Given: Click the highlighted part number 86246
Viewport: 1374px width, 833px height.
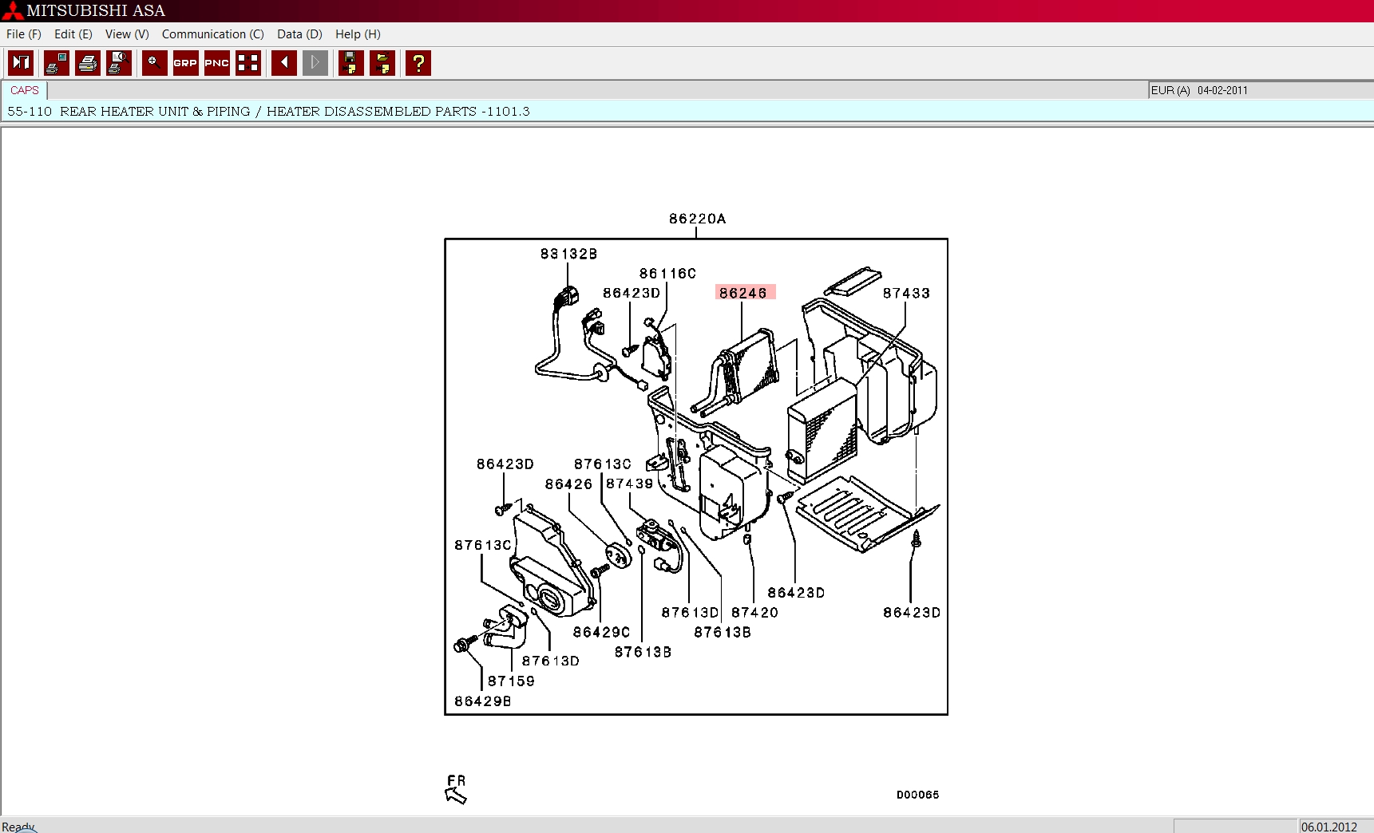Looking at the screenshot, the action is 743,293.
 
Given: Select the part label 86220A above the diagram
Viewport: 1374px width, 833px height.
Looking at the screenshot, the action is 698,219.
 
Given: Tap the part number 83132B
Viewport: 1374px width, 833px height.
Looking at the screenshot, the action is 568,254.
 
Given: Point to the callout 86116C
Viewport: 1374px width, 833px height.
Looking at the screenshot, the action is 667,274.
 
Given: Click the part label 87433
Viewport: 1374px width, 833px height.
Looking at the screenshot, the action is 906,294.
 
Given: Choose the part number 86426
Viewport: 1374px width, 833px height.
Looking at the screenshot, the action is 568,484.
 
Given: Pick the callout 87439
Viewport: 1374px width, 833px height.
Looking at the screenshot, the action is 629,484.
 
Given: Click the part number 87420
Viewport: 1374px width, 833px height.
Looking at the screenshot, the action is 754,613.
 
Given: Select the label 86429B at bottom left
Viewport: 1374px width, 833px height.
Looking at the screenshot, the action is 483,701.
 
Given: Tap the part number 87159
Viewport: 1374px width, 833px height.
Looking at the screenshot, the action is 511,681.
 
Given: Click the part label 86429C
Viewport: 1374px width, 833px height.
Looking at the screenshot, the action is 601,633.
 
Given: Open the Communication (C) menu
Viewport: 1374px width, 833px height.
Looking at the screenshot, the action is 212,34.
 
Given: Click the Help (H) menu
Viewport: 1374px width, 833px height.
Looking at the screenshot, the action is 358,34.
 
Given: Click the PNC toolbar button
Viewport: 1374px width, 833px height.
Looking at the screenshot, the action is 217,63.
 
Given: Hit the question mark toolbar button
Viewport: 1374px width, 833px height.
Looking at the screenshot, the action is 418,63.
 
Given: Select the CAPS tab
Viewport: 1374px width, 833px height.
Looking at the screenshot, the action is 25,90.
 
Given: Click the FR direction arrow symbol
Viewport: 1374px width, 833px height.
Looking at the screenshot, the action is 456,795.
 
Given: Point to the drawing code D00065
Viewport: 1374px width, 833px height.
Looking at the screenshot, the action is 917,795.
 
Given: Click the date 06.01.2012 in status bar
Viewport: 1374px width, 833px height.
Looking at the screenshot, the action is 1329,827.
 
